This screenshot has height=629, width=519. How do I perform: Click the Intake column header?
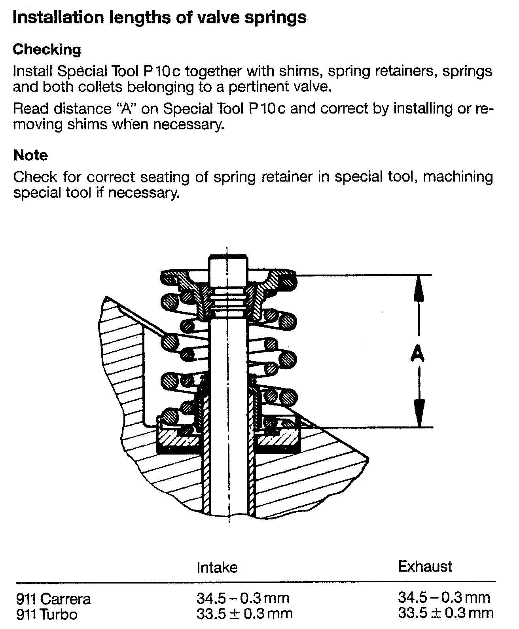pos(217,568)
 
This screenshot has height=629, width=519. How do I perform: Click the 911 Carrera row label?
pos(53,599)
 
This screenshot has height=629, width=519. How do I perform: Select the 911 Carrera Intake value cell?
pos(243,598)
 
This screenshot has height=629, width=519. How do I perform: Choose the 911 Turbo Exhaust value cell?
pos(445,613)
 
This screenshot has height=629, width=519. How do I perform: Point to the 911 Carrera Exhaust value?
pos(444,597)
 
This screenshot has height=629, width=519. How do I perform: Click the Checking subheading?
pos(47,49)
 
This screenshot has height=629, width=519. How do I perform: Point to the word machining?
pos(458,177)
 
